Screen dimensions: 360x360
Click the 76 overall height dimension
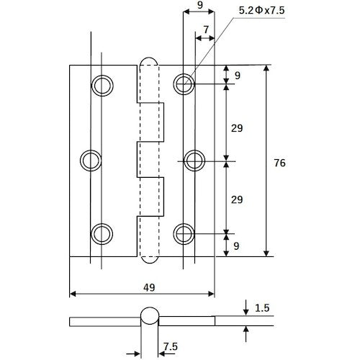click(x=280, y=163)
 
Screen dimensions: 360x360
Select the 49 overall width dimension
click(x=149, y=286)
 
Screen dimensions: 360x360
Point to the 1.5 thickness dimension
click(x=263, y=308)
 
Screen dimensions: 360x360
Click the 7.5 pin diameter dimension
click(x=171, y=346)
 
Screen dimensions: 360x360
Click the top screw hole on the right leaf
click(x=184, y=85)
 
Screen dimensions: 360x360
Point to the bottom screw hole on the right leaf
click(x=184, y=233)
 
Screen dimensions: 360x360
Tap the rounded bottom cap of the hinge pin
click(x=147, y=258)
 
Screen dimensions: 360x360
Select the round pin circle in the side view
click(x=148, y=317)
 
